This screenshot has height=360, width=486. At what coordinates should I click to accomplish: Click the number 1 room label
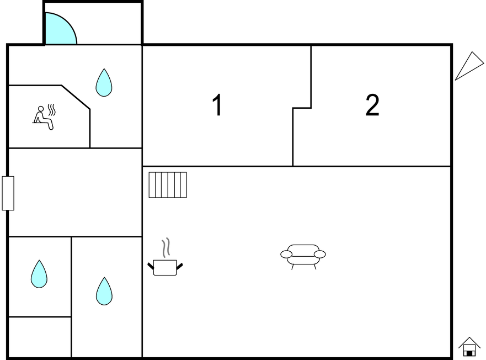point(218,105)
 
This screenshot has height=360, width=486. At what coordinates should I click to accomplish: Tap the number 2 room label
point(372,105)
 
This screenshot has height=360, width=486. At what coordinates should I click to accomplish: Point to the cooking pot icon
point(165,267)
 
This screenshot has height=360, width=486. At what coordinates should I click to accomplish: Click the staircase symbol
point(168,185)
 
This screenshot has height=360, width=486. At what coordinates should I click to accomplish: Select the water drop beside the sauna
point(104,83)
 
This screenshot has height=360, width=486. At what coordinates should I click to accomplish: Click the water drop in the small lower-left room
point(39,274)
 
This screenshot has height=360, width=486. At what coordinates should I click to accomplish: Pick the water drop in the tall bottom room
point(104,292)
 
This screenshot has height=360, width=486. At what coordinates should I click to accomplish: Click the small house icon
point(469,347)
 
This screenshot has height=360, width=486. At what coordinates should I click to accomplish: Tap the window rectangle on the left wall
point(8,193)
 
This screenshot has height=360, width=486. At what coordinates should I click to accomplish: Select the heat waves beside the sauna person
point(52,110)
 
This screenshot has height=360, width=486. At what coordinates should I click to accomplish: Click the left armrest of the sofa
point(286,254)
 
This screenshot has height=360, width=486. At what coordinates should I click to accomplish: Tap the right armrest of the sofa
point(319,254)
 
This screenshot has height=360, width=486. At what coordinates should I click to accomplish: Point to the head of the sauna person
point(40,109)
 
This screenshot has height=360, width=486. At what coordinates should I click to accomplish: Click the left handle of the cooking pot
point(151,267)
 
